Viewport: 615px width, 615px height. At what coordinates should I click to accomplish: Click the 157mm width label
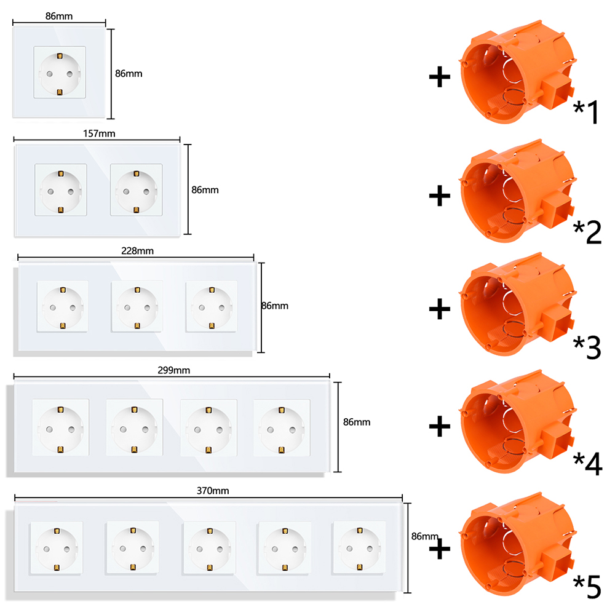[99, 133]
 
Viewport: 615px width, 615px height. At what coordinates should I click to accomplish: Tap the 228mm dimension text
[137, 251]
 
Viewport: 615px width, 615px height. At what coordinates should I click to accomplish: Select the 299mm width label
[174, 370]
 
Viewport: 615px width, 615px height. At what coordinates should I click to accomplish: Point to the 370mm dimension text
[213, 491]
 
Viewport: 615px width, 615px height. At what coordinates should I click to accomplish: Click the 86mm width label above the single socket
[59, 16]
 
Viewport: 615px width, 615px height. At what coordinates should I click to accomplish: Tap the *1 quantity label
[586, 111]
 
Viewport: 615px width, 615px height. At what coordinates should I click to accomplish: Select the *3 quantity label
[587, 347]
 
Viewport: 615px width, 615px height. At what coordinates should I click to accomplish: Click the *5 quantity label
[587, 587]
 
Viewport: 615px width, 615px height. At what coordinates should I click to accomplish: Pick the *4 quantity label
[587, 464]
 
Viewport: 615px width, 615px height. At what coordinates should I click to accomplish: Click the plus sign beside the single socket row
[440, 77]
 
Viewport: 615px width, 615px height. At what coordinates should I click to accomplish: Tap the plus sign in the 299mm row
[440, 426]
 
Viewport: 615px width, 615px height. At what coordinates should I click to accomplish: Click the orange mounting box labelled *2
[518, 191]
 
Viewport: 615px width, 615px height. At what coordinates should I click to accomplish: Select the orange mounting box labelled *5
[518, 544]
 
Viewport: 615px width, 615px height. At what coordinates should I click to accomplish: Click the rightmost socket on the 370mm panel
[359, 549]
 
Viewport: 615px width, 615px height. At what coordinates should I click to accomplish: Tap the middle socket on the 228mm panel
[137, 307]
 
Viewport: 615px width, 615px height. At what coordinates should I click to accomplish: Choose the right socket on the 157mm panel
[137, 190]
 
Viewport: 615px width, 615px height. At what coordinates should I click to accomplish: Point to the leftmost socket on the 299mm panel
[60, 428]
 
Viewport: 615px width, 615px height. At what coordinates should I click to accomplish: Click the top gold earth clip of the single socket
[60, 56]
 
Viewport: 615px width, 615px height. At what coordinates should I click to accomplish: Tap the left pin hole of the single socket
[50, 74]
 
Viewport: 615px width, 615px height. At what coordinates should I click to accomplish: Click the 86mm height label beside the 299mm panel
[357, 422]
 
